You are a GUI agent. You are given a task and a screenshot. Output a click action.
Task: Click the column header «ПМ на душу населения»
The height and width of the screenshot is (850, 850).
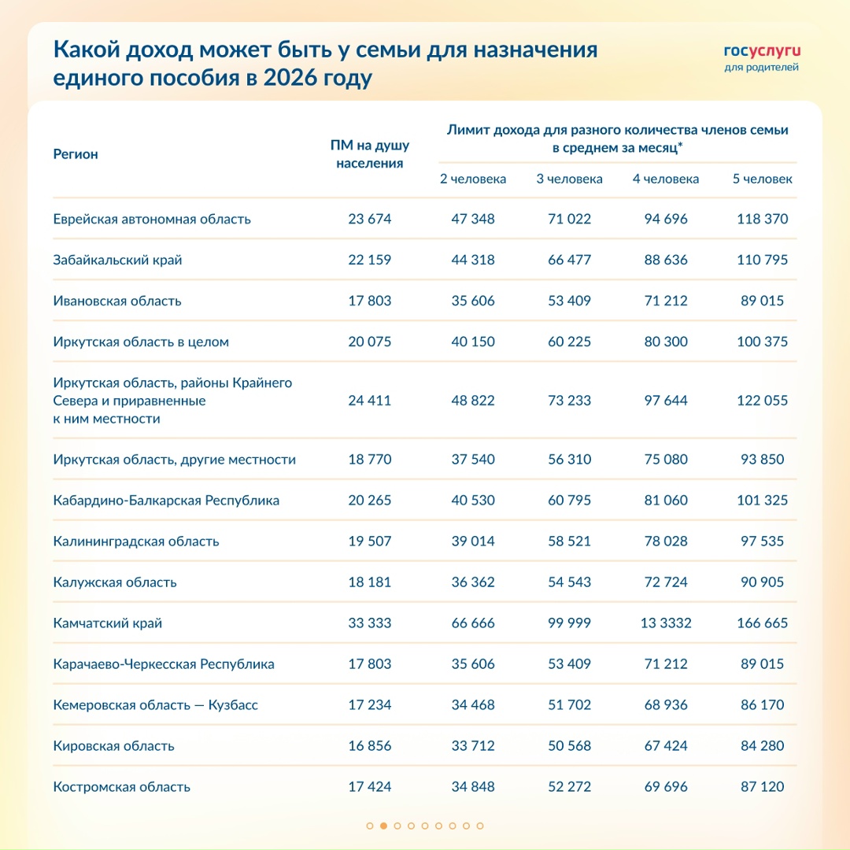pyautogui.click(x=369, y=154)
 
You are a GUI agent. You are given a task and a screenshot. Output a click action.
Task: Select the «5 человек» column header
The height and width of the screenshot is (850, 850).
pyautogui.click(x=762, y=179)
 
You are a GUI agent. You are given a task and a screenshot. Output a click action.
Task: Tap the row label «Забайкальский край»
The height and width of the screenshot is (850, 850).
pyautogui.click(x=117, y=260)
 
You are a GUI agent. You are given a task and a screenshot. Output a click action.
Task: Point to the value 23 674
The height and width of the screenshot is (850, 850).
pyautogui.click(x=369, y=219)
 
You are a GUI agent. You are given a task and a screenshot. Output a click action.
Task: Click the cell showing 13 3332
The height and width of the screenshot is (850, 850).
pyautogui.click(x=665, y=623)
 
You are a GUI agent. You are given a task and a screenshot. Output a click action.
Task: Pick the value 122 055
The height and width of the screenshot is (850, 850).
pyautogui.click(x=762, y=401)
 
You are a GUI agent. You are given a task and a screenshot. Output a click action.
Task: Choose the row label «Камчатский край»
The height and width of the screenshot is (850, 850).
pyautogui.click(x=108, y=623)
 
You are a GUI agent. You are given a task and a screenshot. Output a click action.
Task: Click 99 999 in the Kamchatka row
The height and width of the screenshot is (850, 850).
pyautogui.click(x=569, y=623)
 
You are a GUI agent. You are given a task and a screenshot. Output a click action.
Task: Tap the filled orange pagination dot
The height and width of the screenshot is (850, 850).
pyautogui.click(x=383, y=826)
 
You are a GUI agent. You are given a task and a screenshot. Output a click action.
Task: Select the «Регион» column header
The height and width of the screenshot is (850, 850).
pyautogui.click(x=76, y=154)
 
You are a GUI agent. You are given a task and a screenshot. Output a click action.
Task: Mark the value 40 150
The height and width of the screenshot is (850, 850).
pyautogui.click(x=473, y=342)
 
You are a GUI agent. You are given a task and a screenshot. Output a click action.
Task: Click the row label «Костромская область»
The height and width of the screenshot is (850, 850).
pyautogui.click(x=122, y=787)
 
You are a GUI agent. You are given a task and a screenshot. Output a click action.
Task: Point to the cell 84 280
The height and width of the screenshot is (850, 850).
pyautogui.click(x=762, y=746)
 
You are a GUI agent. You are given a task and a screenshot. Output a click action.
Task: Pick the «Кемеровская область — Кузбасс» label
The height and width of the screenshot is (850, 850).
pyautogui.click(x=156, y=705)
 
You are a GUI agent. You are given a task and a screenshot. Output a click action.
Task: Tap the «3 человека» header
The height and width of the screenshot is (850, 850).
pyautogui.click(x=569, y=179)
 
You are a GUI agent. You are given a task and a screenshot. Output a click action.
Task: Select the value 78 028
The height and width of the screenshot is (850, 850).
pyautogui.click(x=665, y=541)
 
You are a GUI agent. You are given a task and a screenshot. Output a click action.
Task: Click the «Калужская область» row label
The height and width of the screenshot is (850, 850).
pyautogui.click(x=115, y=582)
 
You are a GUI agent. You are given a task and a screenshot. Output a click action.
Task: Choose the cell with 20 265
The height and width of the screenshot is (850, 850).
pyautogui.click(x=369, y=501)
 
